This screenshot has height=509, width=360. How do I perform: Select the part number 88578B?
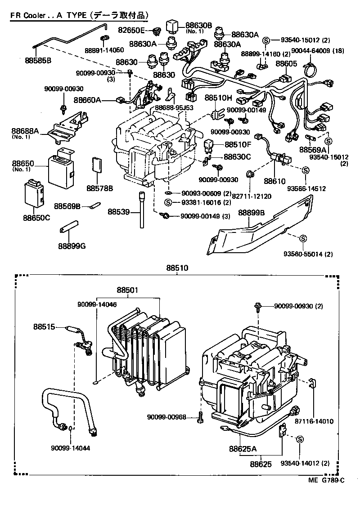(x=99, y=187)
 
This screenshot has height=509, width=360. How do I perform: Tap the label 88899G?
(x=72, y=246)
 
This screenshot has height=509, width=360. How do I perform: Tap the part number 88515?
(x=43, y=327)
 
